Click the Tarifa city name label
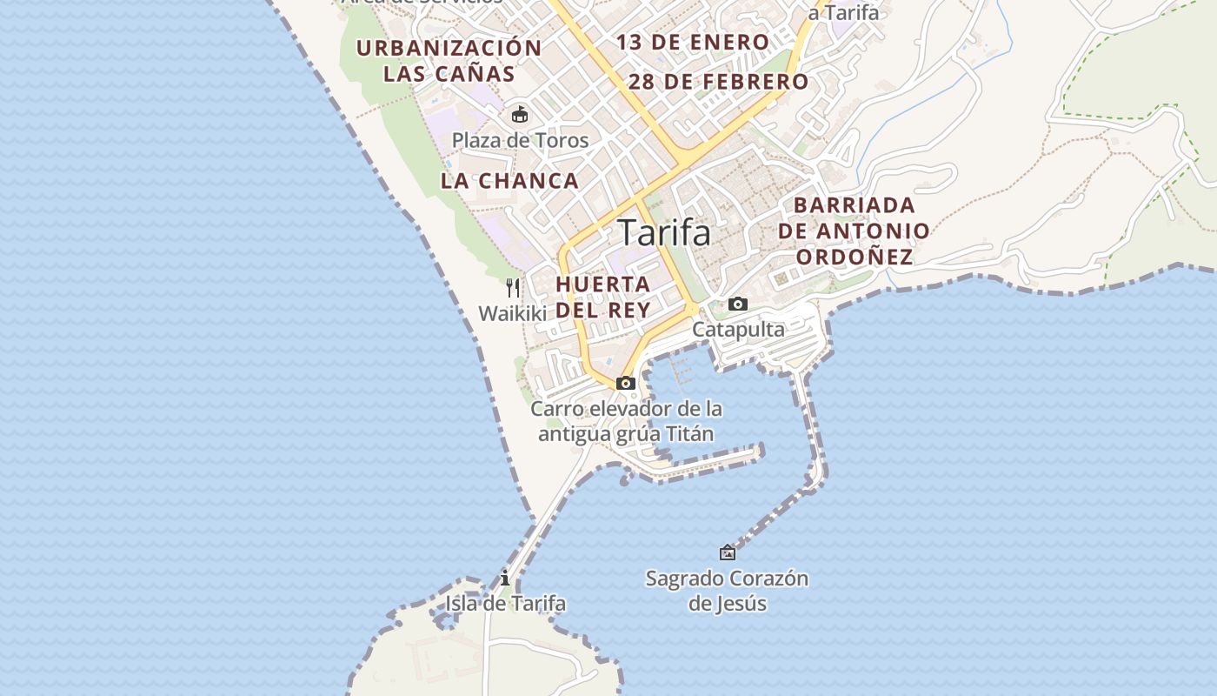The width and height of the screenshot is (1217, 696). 663,233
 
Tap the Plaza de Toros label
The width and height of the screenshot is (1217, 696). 520,140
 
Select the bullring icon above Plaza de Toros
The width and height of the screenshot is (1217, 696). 520,114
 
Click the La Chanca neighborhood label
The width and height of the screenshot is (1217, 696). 509,181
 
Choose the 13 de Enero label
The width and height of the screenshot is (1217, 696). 693,42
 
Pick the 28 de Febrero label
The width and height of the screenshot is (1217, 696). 718,82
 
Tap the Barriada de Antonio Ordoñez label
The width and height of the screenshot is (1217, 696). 855,231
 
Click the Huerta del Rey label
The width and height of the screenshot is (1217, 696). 603,297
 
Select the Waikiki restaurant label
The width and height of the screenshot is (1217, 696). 513,313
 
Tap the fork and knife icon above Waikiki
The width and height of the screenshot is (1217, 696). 513,287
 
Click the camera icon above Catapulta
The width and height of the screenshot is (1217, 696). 738,304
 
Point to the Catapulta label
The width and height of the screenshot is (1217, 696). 738,330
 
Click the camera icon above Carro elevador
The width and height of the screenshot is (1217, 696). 625,383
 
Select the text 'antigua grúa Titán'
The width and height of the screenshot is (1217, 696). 626,433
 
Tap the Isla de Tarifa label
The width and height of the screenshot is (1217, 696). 505,603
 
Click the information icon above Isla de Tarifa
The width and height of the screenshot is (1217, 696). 505,578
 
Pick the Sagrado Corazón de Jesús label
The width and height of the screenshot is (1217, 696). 727,590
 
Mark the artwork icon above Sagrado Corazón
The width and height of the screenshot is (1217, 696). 728,552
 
